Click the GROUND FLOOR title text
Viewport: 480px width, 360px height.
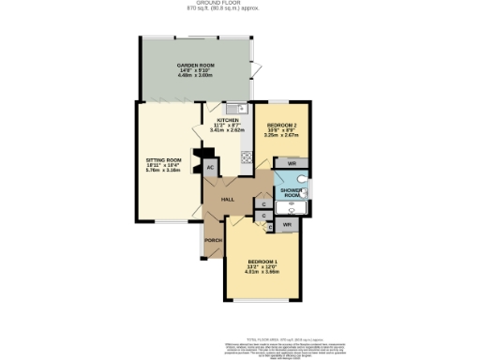240,4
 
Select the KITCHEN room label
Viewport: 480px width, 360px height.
228,121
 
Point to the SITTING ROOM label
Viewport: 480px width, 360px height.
163,160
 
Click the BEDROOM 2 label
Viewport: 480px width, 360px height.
282,125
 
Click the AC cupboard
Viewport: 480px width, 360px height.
210,167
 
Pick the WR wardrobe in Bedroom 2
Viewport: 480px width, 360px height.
292,164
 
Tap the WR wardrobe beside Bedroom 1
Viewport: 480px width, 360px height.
286,225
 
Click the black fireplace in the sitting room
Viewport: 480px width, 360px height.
197,159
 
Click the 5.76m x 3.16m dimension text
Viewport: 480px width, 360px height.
163,172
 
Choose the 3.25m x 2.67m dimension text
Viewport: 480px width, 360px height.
282,136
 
